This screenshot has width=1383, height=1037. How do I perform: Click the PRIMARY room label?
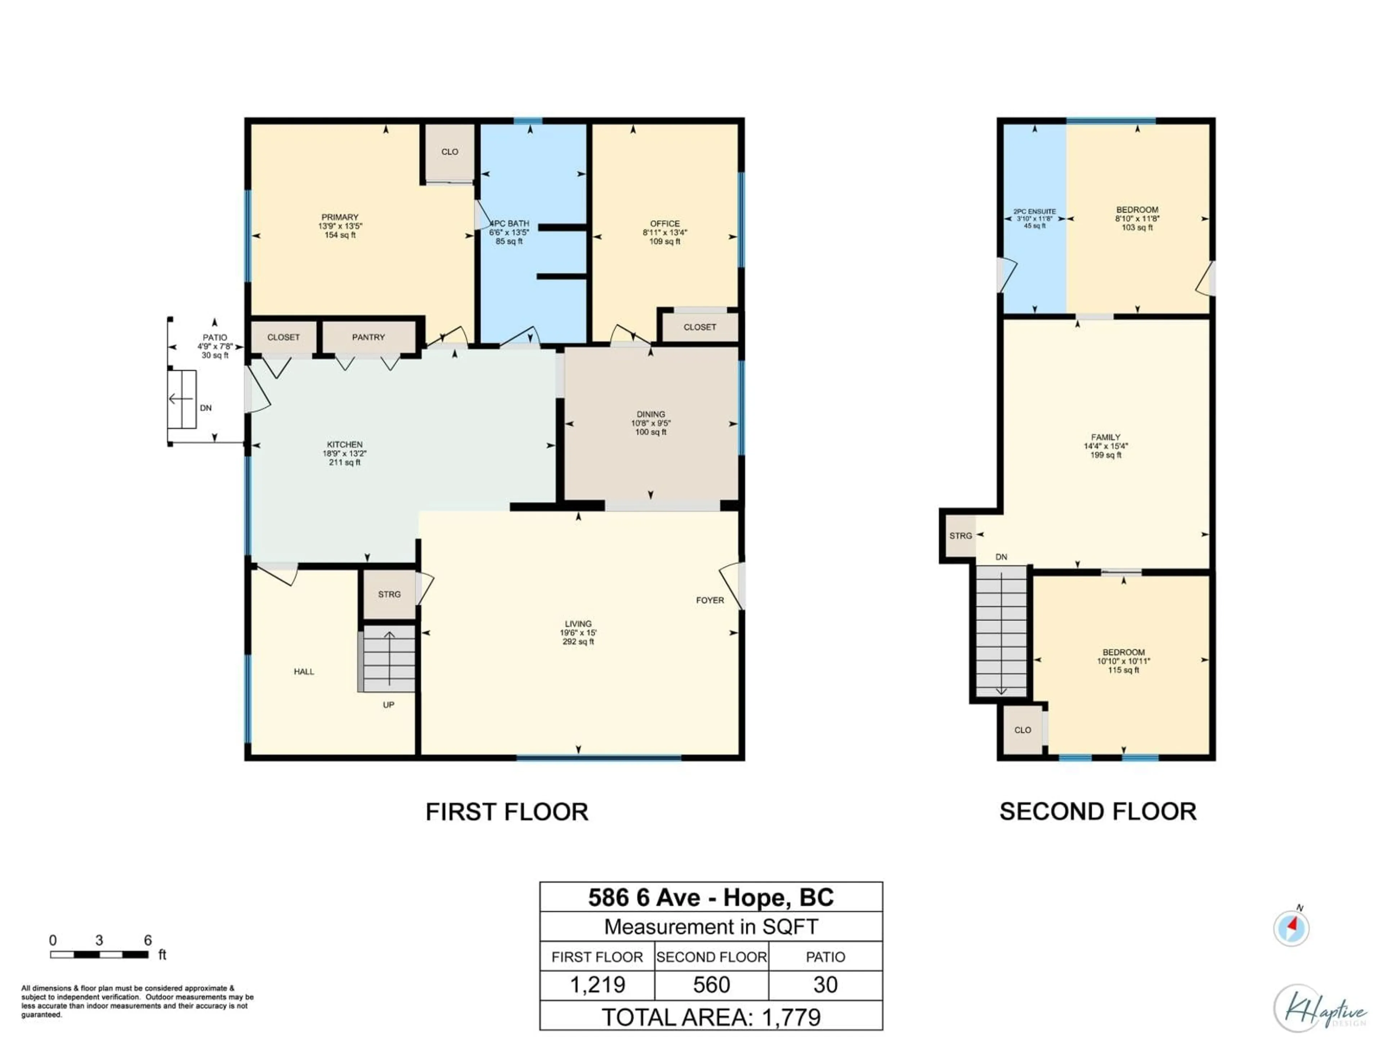(340, 217)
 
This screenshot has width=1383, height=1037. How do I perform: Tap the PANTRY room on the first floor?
(368, 337)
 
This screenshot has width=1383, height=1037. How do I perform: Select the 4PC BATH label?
(510, 224)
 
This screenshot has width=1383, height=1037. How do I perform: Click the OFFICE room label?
(664, 224)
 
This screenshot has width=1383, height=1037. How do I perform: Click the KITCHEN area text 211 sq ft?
(345, 463)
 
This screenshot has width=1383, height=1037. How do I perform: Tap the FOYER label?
(710, 600)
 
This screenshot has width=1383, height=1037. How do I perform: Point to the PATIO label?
(214, 337)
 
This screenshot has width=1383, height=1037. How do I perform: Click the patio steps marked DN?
(182, 399)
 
